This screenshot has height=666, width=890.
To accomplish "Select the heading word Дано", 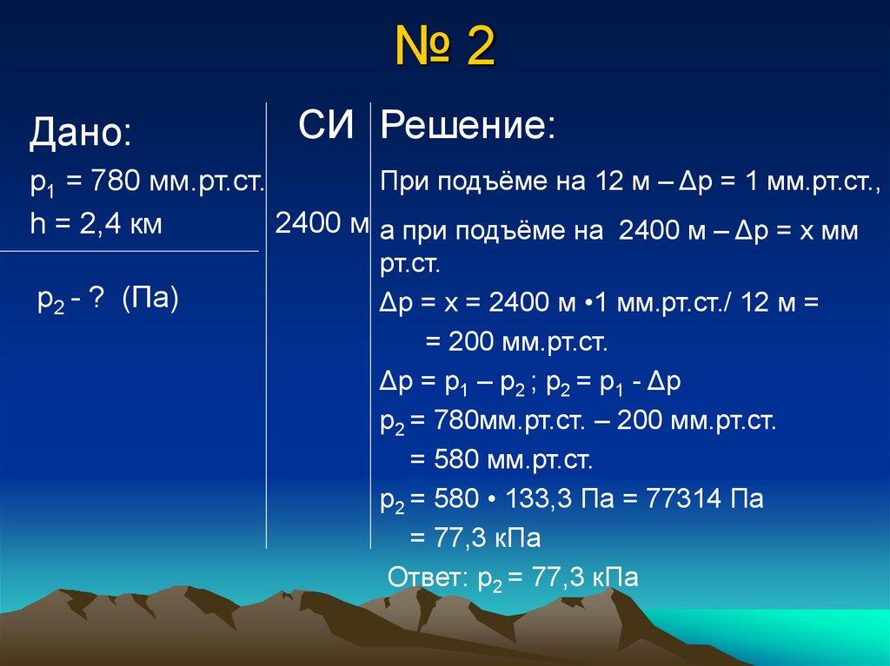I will (x=80, y=134).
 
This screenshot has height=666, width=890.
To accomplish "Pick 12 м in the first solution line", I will (x=612, y=183).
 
